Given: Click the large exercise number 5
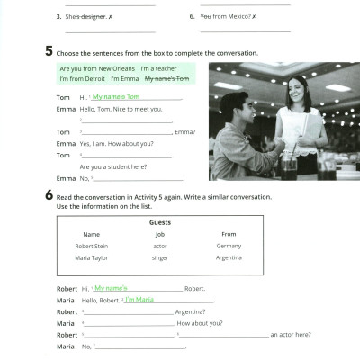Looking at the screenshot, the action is coord(49,52).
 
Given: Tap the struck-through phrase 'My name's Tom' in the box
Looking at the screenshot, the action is coord(167,79).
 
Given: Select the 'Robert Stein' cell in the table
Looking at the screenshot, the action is coord(91,246).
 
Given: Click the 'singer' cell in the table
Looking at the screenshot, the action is coord(159,258).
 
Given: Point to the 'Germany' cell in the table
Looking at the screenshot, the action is coord(229,246).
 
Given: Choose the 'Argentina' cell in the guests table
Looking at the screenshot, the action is coord(229,258).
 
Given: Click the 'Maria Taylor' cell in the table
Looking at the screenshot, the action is coord(91,258).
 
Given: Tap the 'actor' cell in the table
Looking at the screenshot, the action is coord(159,246).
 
